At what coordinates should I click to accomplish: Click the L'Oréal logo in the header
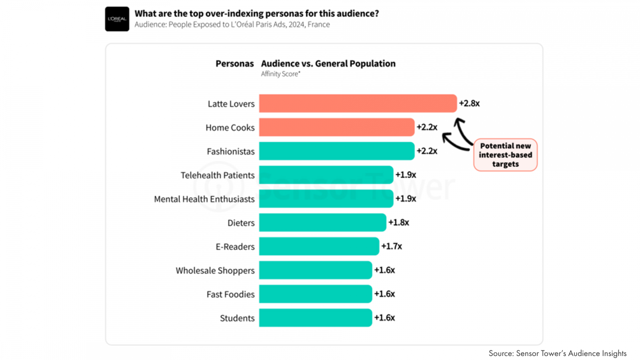click(117, 19)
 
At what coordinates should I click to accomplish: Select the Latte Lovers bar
click(358, 103)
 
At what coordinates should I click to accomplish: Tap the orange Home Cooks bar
click(336, 127)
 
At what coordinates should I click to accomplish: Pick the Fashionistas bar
click(336, 151)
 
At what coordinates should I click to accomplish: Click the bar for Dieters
click(322, 222)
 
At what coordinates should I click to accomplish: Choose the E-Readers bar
click(319, 246)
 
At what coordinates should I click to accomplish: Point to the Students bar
click(315, 318)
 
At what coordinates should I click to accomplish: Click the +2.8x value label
click(469, 103)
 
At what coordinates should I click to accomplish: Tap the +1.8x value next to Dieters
click(398, 222)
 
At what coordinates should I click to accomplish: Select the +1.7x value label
click(391, 246)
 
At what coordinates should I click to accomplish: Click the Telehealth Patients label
click(217, 175)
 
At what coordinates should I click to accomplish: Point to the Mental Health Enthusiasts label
click(204, 199)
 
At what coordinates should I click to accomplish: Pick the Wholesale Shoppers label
click(215, 270)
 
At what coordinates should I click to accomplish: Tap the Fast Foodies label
click(230, 294)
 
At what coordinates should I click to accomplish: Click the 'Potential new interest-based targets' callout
click(505, 155)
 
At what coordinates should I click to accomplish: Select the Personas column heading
click(234, 64)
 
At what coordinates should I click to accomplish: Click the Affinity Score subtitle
click(280, 74)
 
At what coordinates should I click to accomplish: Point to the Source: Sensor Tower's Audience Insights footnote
click(557, 353)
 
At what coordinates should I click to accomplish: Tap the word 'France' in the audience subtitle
click(318, 24)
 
